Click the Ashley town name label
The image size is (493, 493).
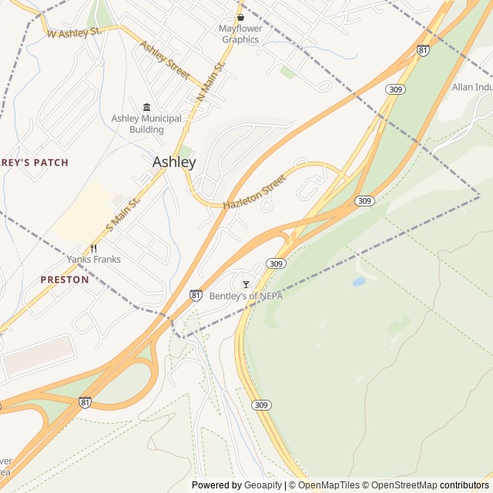tap(174, 163)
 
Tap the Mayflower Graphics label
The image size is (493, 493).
tap(240, 34)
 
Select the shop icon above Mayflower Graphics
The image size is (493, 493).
tap(240, 17)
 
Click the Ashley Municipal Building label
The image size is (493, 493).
tap(146, 124)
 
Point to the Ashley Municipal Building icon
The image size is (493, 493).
tap(146, 107)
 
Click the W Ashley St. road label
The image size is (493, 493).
tap(75, 33)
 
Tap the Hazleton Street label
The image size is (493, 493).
tap(254, 193)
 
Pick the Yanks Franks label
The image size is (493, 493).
tap(93, 260)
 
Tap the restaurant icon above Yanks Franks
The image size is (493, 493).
tap(93, 247)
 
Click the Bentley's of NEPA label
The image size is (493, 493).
tap(246, 296)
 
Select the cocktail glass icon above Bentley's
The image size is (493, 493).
tap(246, 284)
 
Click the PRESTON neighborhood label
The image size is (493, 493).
tap(65, 280)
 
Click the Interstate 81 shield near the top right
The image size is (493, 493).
tap(423, 50)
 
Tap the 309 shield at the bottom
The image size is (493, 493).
tap(261, 405)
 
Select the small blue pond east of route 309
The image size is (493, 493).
tap(359, 282)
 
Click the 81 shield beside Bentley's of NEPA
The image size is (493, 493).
tap(196, 295)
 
